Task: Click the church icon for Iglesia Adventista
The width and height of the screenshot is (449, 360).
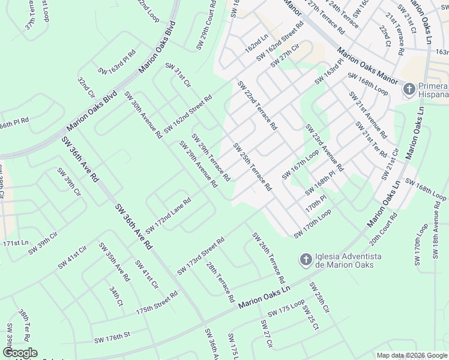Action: point(306,259)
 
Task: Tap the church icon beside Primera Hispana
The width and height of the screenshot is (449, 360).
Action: point(409,89)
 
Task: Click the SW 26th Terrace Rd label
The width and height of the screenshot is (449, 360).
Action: point(268,258)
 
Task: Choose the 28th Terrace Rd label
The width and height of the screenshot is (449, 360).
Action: point(220,281)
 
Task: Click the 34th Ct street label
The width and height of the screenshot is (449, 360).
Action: point(116,296)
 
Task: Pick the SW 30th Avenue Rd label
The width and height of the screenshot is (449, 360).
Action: point(143,115)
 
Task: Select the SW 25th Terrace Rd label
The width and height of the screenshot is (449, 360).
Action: point(253,167)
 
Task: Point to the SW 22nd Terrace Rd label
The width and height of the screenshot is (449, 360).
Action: point(257,106)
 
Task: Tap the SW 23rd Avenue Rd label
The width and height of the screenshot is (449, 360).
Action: point(324,147)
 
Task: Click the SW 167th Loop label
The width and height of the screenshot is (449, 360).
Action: point(300,164)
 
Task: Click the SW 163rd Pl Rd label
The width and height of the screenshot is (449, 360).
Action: point(117,62)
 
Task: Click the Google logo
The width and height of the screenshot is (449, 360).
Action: point(19,353)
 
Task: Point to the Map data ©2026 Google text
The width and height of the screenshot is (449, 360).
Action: point(411,355)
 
